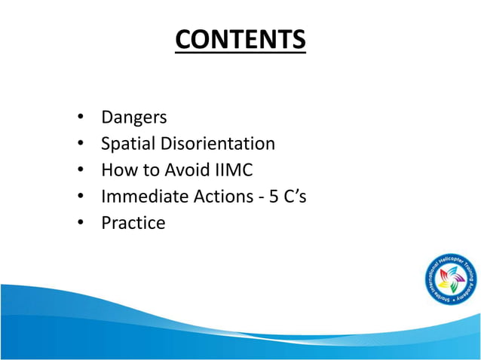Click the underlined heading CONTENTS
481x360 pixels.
click(240, 40)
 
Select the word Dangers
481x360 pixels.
click(133, 117)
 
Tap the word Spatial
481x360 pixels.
click(125, 144)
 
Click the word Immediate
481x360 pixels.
click(142, 197)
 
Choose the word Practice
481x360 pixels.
click(133, 223)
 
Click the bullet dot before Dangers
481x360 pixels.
click(80, 118)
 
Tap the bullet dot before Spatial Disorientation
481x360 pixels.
click(80, 145)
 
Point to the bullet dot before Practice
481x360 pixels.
click(80, 224)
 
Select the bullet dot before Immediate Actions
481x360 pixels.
click(80, 197)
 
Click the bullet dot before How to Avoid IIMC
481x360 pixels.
click(80, 171)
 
